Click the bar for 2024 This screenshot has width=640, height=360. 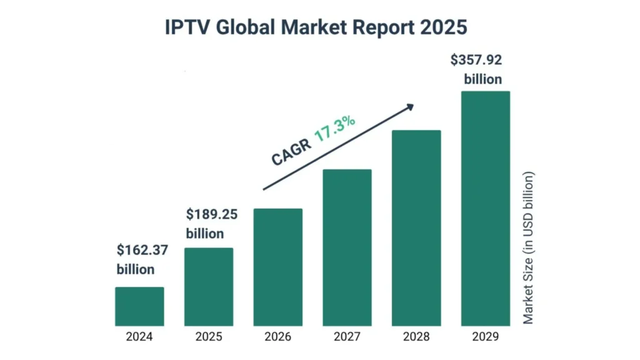tap(139, 306)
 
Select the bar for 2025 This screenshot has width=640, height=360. tap(209, 287)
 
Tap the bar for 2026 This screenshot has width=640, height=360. tap(278, 267)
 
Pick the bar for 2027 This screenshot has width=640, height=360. tap(347, 247)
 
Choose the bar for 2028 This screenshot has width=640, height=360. tap(416, 228)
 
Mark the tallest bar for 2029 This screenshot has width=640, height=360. tap(486, 208)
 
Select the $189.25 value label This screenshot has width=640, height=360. tap(212, 214)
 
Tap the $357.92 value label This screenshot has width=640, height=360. tap(476, 61)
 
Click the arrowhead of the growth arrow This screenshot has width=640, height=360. tap(410, 107)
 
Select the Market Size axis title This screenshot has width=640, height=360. tap(529, 247)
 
